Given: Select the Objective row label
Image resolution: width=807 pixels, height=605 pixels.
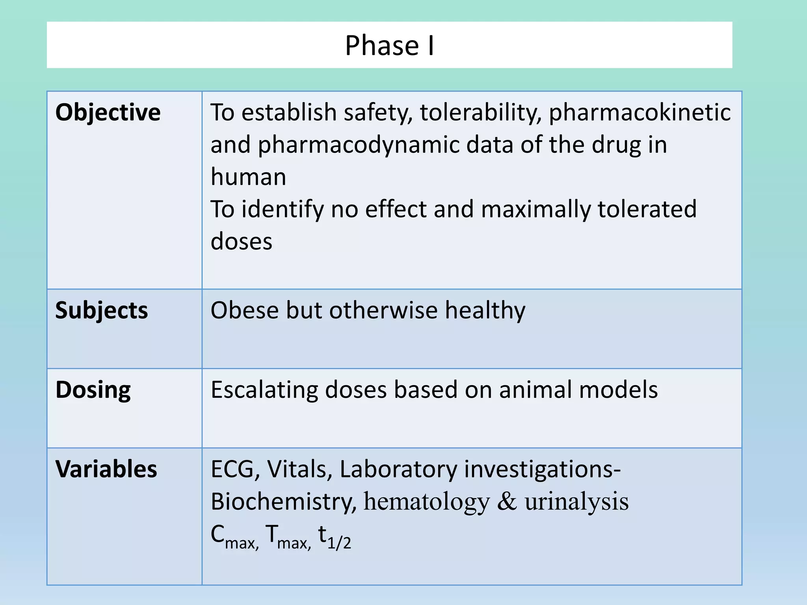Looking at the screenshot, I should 108,113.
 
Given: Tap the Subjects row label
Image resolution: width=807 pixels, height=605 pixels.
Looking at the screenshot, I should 102,311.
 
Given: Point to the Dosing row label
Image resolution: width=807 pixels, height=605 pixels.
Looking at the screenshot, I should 93,390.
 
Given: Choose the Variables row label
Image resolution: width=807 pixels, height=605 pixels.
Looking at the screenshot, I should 106,469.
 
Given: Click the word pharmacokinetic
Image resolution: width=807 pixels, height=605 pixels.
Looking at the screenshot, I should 640,113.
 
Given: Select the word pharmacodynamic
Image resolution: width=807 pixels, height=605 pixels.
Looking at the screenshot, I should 358,145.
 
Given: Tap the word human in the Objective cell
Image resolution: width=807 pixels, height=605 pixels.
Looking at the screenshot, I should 248,177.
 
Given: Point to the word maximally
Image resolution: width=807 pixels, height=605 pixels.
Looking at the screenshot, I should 536,209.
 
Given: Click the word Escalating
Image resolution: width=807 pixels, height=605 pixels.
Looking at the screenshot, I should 264,390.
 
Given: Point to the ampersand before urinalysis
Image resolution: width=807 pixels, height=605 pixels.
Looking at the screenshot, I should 507,502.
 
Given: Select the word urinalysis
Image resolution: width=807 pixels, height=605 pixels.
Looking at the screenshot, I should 576,502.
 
